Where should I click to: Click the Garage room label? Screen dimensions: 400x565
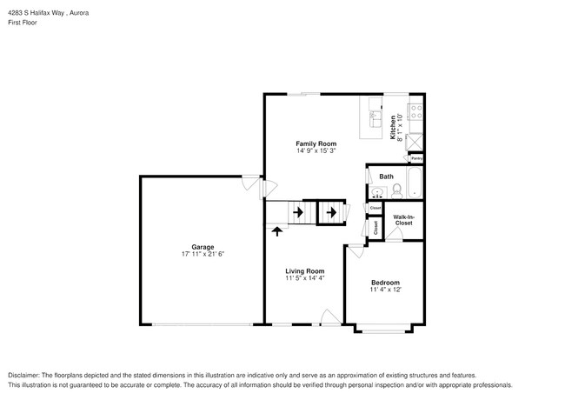(x=196, y=247)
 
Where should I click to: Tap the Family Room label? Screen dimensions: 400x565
(x=316, y=143)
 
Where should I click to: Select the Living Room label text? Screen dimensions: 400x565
(x=304, y=270)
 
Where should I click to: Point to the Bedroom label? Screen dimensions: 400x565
(x=385, y=283)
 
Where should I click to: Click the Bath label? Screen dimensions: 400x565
(x=386, y=177)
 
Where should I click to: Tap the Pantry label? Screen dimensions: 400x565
(x=416, y=158)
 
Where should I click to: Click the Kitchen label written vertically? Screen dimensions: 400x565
(x=393, y=127)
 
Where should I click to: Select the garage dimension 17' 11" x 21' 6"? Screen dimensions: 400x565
(x=196, y=254)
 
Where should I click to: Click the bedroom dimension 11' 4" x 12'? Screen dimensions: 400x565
(x=385, y=290)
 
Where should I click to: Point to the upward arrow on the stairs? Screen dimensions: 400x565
(x=277, y=230)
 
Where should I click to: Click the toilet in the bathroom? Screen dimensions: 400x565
(x=396, y=189)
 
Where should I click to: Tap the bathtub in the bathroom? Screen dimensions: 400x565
(x=415, y=184)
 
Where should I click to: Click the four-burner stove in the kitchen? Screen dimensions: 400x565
(x=415, y=110)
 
